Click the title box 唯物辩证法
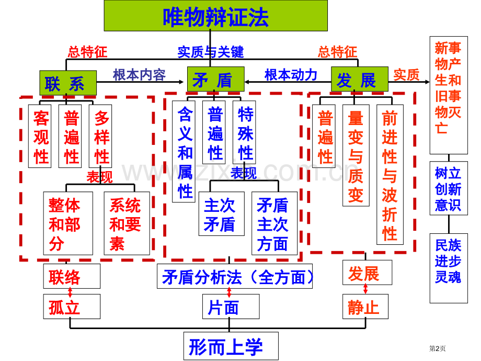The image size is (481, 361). (x=215, y=16)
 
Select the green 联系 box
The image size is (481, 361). (x=68, y=83)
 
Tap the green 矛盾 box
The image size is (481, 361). (x=215, y=80)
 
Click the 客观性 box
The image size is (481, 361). (x=40, y=136)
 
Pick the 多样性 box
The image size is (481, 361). (x=101, y=136)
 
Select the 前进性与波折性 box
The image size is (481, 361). (x=390, y=175)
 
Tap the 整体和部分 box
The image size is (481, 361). (x=68, y=223)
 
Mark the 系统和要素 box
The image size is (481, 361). (x=127, y=223)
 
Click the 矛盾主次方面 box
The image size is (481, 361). (x=274, y=223)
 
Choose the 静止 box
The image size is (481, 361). (x=365, y=307)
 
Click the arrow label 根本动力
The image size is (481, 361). (x=291, y=75)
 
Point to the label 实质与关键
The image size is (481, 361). (x=210, y=51)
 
